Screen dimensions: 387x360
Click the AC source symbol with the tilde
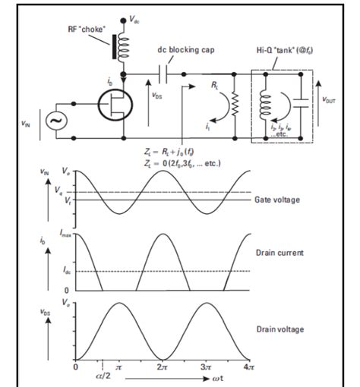point(55,120)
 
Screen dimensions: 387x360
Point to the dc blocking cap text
point(185,49)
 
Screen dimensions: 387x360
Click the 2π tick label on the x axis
point(163,367)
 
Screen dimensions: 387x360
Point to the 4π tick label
point(248,367)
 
